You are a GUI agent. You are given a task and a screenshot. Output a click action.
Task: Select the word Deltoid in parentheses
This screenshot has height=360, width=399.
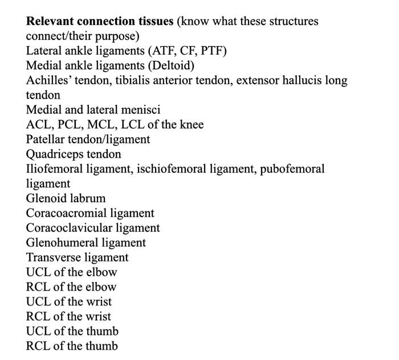coord(171,66)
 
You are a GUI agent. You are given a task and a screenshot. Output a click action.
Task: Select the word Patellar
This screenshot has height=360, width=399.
coord(47,140)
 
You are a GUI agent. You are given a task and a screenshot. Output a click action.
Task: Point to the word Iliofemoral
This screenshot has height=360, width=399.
coord(54,169)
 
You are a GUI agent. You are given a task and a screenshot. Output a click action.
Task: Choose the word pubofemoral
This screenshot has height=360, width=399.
coord(292,169)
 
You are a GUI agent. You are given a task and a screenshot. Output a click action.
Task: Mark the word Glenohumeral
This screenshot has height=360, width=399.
coord(60,243)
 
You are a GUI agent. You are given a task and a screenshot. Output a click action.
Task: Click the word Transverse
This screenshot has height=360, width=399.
coord(52,258)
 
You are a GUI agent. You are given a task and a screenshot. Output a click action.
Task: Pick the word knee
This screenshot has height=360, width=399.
coord(191,125)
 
